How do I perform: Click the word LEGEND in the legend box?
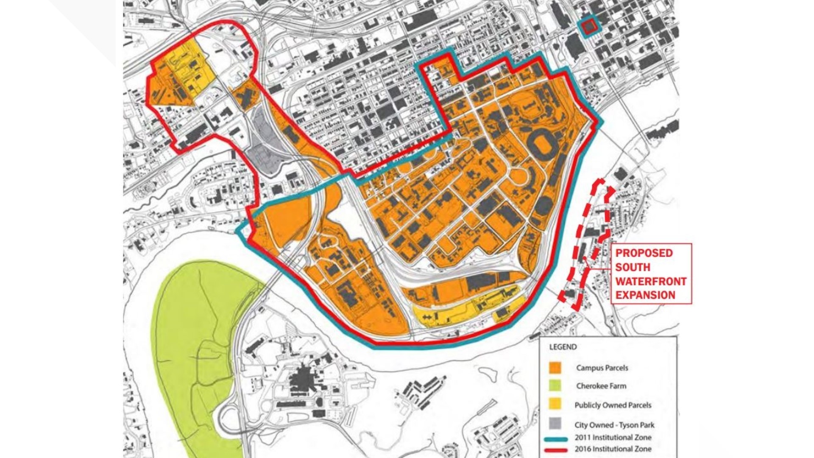(x=563, y=347)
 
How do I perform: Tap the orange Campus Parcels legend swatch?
(x=555, y=368)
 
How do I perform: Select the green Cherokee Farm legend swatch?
(x=555, y=386)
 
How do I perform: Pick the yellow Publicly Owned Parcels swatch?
(x=555, y=405)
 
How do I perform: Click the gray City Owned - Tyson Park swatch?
(x=555, y=424)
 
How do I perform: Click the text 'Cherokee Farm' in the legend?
(x=601, y=386)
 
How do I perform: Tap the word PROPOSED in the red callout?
(x=644, y=253)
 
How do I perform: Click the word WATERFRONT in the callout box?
(x=651, y=282)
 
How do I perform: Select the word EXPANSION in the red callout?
(x=645, y=295)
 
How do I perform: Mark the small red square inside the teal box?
(x=588, y=27)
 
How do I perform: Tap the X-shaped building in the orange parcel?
(x=245, y=98)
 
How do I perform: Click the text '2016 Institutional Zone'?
(x=613, y=449)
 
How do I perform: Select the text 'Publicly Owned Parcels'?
(x=613, y=405)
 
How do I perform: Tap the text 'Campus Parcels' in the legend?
(x=602, y=368)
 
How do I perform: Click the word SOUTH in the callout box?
(x=633, y=267)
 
